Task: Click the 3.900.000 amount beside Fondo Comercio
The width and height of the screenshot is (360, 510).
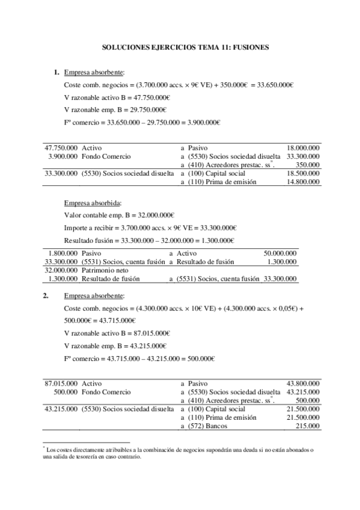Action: coord(61,156)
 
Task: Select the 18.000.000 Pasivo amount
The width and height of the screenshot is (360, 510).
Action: coord(303,147)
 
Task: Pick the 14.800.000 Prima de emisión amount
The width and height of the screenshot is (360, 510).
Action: coord(303,182)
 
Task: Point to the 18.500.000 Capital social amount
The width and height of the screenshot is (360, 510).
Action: coord(303,173)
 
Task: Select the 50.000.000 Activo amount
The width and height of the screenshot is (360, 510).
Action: coord(280,254)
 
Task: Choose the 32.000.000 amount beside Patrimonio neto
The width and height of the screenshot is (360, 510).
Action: coord(61,271)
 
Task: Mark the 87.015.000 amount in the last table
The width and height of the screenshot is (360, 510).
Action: coord(61,383)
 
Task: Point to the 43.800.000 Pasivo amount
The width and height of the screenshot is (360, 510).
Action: coord(303,383)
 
